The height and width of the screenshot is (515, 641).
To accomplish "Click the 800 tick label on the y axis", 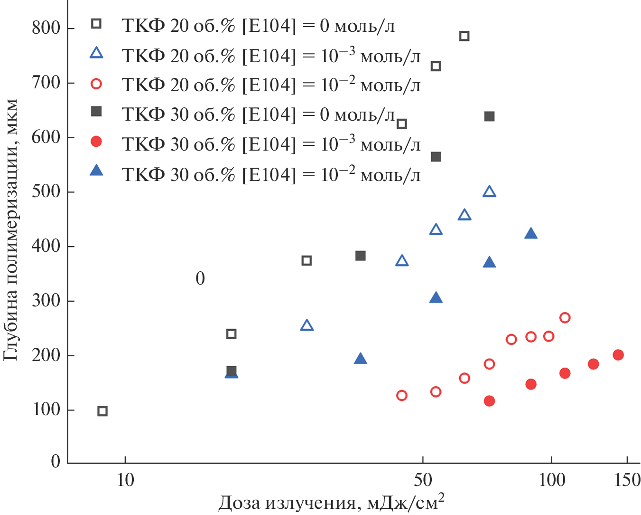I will [46, 28].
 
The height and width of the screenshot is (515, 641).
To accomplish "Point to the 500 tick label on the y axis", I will [46, 191].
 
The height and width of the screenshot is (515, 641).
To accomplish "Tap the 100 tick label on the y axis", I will [46, 410].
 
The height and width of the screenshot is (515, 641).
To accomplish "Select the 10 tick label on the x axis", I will [125, 480].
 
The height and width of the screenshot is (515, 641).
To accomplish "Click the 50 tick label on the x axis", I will [423, 480].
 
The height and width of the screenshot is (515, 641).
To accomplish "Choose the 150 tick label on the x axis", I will [627, 480].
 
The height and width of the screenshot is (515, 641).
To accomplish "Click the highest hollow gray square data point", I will [464, 36].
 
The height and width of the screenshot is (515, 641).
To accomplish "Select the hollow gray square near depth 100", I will [102, 411].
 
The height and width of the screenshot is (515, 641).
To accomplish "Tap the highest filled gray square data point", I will [489, 116].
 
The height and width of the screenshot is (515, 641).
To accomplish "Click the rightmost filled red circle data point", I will [618, 355].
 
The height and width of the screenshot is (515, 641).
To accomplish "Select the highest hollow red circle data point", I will [565, 317].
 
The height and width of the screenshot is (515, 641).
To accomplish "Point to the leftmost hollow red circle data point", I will [402, 395].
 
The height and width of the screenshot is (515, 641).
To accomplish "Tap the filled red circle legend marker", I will [96, 141].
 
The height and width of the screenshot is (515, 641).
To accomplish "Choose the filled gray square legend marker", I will [96, 112].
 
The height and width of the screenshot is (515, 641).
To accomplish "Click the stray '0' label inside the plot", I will [200, 278].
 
